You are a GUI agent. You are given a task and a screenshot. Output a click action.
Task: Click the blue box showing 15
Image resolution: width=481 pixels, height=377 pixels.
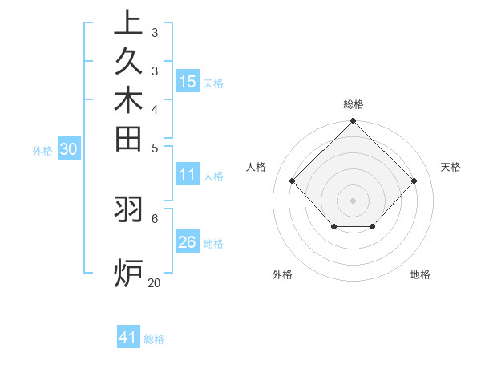pyautogui.click(x=188, y=81)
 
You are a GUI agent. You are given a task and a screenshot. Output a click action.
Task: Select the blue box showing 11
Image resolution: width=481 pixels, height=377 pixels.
pyautogui.click(x=188, y=175)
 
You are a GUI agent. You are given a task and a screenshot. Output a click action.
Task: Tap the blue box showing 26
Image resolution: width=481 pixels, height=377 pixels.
pyautogui.click(x=188, y=242)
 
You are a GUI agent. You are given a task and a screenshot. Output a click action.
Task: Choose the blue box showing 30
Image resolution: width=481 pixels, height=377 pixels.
pyautogui.click(x=69, y=148)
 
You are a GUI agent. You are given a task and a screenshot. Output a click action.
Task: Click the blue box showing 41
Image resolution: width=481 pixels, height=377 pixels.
pyautogui.click(x=128, y=338)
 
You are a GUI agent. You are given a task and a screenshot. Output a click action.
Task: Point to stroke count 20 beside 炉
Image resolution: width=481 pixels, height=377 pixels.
pyautogui.click(x=154, y=282)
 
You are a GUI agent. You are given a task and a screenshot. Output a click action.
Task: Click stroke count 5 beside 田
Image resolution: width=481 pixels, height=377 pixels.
pyautogui.click(x=154, y=147)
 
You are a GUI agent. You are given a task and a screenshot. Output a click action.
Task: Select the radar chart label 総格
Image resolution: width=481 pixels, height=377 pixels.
pyautogui.click(x=353, y=104)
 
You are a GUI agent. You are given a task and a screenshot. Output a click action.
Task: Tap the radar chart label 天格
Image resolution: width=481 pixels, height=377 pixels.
pyautogui.click(x=451, y=167)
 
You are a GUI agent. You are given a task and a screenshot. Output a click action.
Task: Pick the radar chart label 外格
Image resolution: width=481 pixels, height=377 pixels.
pyautogui.click(x=282, y=274)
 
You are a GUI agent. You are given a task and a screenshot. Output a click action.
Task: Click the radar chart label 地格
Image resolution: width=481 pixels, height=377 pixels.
pyautogui.click(x=420, y=274)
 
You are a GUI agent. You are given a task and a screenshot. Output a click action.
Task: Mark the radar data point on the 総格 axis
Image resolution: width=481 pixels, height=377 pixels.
pyautogui.click(x=353, y=122)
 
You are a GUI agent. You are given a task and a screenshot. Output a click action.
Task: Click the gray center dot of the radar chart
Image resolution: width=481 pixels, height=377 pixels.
pyautogui.click(x=353, y=200)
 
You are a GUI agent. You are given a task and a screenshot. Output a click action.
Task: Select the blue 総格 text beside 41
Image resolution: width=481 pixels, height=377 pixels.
pyautogui.click(x=154, y=339)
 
